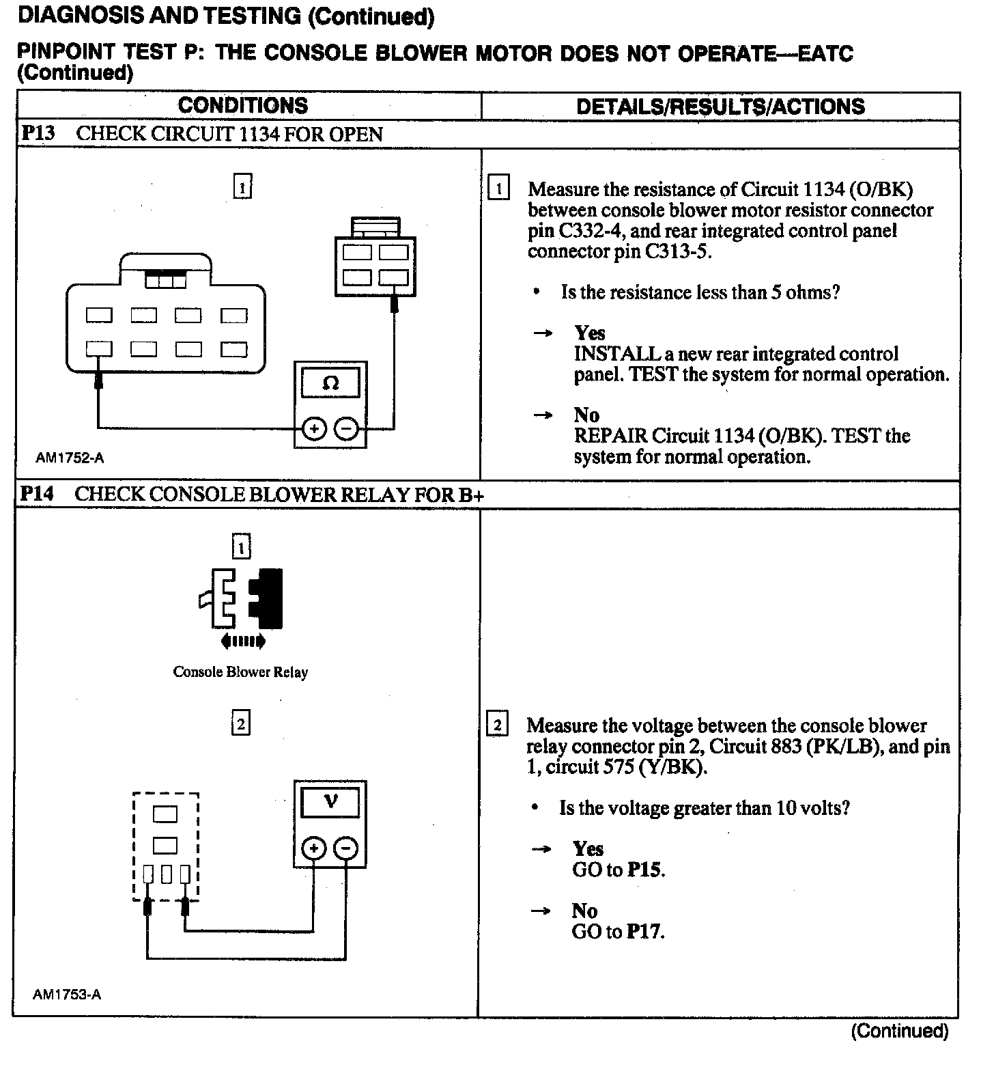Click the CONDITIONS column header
tap(242, 106)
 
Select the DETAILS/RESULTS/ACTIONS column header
tap(720, 107)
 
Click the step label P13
tap(38, 133)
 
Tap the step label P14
tap(37, 494)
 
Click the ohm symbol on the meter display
tap(330, 383)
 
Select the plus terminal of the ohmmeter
tap(313, 429)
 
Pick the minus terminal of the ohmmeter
tap(347, 429)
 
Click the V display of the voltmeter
tap(330, 801)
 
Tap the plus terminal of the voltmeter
tap(313, 848)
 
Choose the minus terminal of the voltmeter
tap(347, 848)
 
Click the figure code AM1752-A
tap(70, 458)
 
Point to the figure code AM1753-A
tap(67, 995)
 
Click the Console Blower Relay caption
tap(240, 672)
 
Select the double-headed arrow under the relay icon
tap(243, 641)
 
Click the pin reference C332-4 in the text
tap(584, 231)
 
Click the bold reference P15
tap(646, 870)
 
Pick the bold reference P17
tap(646, 932)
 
